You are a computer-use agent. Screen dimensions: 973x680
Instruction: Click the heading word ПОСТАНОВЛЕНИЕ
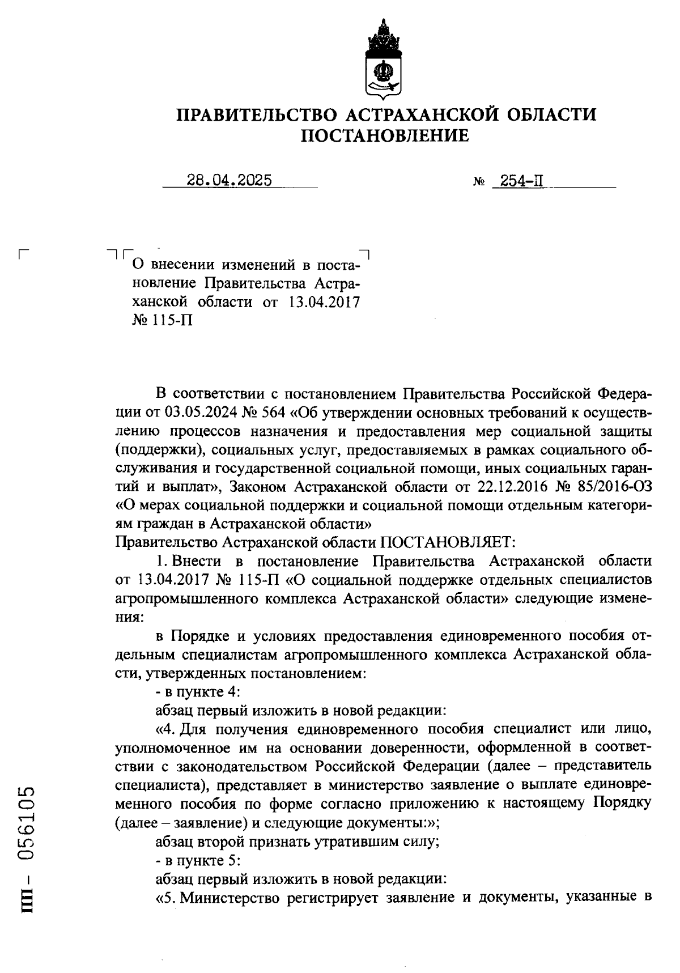(385, 137)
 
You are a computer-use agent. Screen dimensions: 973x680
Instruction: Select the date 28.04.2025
(229, 180)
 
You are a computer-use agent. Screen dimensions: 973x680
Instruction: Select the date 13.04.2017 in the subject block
(324, 302)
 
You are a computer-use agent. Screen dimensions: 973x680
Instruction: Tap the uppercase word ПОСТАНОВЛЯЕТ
(447, 543)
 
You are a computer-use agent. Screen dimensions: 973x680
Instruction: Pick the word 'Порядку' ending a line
(622, 804)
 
